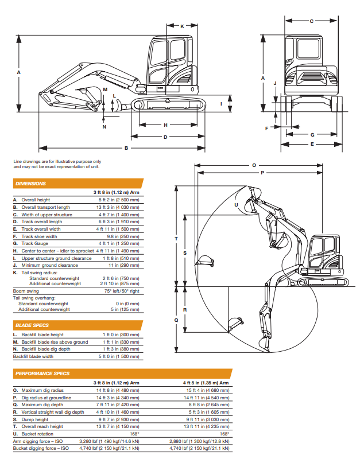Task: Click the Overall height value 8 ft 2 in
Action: click(119, 200)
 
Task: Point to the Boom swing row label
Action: click(26, 291)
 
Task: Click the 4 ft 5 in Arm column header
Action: click(206, 383)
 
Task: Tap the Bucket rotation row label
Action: click(37, 434)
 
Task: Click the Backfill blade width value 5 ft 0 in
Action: click(119, 356)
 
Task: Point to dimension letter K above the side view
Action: click(182, 26)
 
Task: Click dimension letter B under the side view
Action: click(126, 148)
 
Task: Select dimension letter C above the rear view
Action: click(312, 21)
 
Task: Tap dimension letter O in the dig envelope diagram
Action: click(254, 165)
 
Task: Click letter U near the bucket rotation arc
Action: click(236, 205)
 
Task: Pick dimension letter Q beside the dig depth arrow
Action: click(176, 320)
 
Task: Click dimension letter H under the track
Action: click(165, 125)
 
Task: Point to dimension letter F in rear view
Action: click(266, 128)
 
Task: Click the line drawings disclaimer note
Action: click(57, 164)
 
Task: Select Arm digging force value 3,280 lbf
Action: click(109, 441)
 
